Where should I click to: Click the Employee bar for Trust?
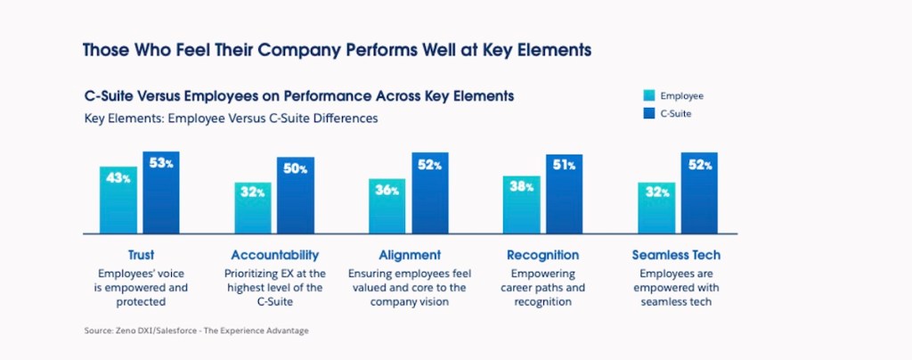(118, 200)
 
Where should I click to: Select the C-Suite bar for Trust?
(161, 192)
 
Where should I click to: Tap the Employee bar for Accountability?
(253, 208)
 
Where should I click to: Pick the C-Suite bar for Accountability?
(296, 195)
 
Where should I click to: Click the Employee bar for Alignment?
(387, 206)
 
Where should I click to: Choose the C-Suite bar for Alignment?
(430, 193)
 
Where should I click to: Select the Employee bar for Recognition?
(522, 204)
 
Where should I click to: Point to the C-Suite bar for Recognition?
(565, 194)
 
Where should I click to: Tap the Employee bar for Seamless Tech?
(656, 208)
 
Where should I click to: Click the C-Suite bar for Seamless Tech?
(699, 193)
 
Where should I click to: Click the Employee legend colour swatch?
(649, 96)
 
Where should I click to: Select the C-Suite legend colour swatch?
(649, 113)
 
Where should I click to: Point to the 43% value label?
(118, 177)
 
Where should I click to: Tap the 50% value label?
(296, 168)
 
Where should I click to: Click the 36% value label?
(387, 190)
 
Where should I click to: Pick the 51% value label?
(565, 166)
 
